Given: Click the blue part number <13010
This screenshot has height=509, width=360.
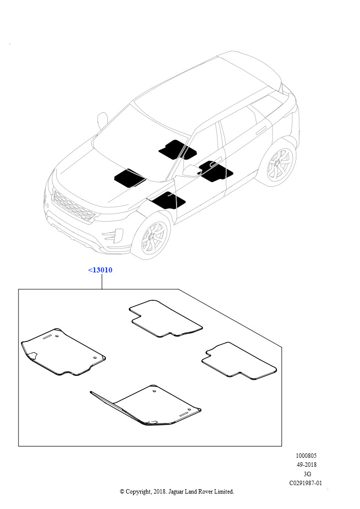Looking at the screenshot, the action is click(100, 270).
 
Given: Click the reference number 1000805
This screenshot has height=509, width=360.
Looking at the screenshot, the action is click(306, 456).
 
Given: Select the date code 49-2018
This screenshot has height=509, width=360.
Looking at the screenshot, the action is click(306, 465).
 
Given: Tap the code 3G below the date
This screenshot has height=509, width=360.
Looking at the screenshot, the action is click(307, 474).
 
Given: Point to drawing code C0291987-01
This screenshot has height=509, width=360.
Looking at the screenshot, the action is click(305, 483).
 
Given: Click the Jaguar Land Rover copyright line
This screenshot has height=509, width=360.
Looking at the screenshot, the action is click(177, 492).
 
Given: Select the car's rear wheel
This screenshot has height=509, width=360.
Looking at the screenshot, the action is click(279, 164).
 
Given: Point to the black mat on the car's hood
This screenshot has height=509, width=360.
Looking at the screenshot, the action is click(129, 178).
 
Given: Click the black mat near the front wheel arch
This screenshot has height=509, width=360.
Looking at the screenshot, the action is click(169, 200).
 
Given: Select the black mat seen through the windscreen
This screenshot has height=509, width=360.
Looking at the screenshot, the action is click(177, 150).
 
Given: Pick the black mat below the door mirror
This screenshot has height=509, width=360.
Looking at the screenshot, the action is click(215, 171).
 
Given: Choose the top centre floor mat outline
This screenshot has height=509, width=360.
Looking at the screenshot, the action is click(165, 319).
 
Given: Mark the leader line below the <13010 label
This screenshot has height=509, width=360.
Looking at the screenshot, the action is click(102, 282).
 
